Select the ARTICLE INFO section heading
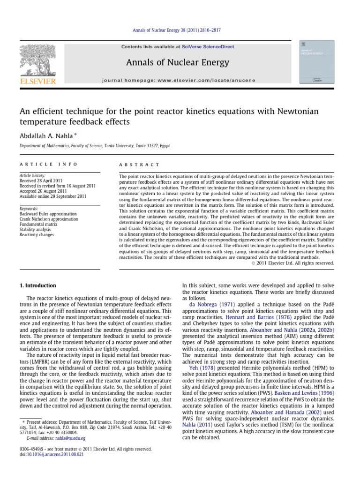(39, 165)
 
